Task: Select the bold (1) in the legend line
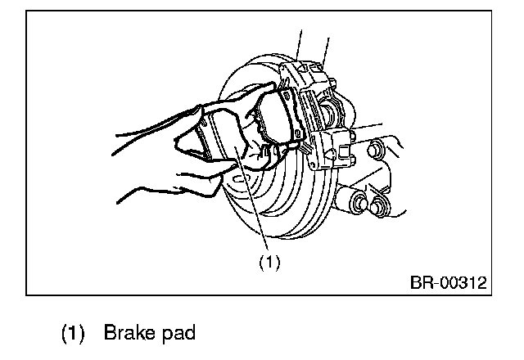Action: (72, 335)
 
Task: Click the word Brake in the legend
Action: (126, 335)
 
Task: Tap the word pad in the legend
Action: (175, 335)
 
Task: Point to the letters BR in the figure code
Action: (420, 284)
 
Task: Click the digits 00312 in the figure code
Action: (463, 284)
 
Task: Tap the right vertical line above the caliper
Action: (327, 45)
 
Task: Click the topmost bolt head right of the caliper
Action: (376, 151)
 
